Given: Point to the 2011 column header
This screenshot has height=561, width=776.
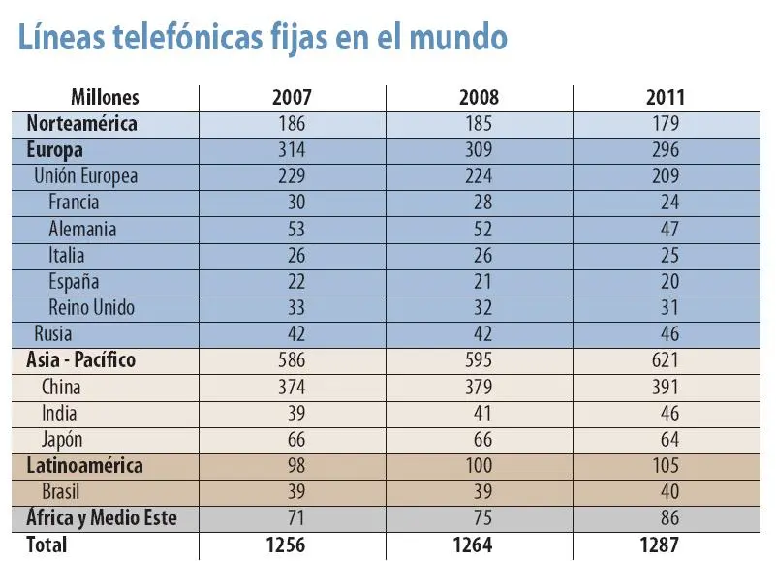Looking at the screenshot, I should [x=665, y=98].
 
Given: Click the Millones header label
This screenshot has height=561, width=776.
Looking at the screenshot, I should [x=105, y=98].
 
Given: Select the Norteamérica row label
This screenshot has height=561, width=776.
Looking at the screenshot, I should [x=82, y=124].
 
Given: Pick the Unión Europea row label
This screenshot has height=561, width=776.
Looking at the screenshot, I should [x=85, y=176].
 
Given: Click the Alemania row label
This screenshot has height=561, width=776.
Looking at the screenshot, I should [x=82, y=229].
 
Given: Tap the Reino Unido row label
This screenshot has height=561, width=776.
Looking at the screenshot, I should [x=91, y=308].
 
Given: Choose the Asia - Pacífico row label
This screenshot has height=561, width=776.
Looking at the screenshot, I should [x=81, y=360].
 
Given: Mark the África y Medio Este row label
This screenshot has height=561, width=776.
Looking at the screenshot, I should [x=102, y=518].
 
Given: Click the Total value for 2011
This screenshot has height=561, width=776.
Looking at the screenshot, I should [x=665, y=545].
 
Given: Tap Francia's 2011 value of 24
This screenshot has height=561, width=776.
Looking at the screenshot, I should [x=669, y=203].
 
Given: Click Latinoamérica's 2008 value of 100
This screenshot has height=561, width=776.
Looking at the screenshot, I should [x=479, y=466].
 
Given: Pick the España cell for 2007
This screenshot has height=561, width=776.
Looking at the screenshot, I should [x=292, y=282].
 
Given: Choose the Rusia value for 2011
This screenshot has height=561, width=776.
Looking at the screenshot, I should [x=669, y=334].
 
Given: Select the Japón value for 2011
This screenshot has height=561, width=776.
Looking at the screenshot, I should [x=669, y=440].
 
